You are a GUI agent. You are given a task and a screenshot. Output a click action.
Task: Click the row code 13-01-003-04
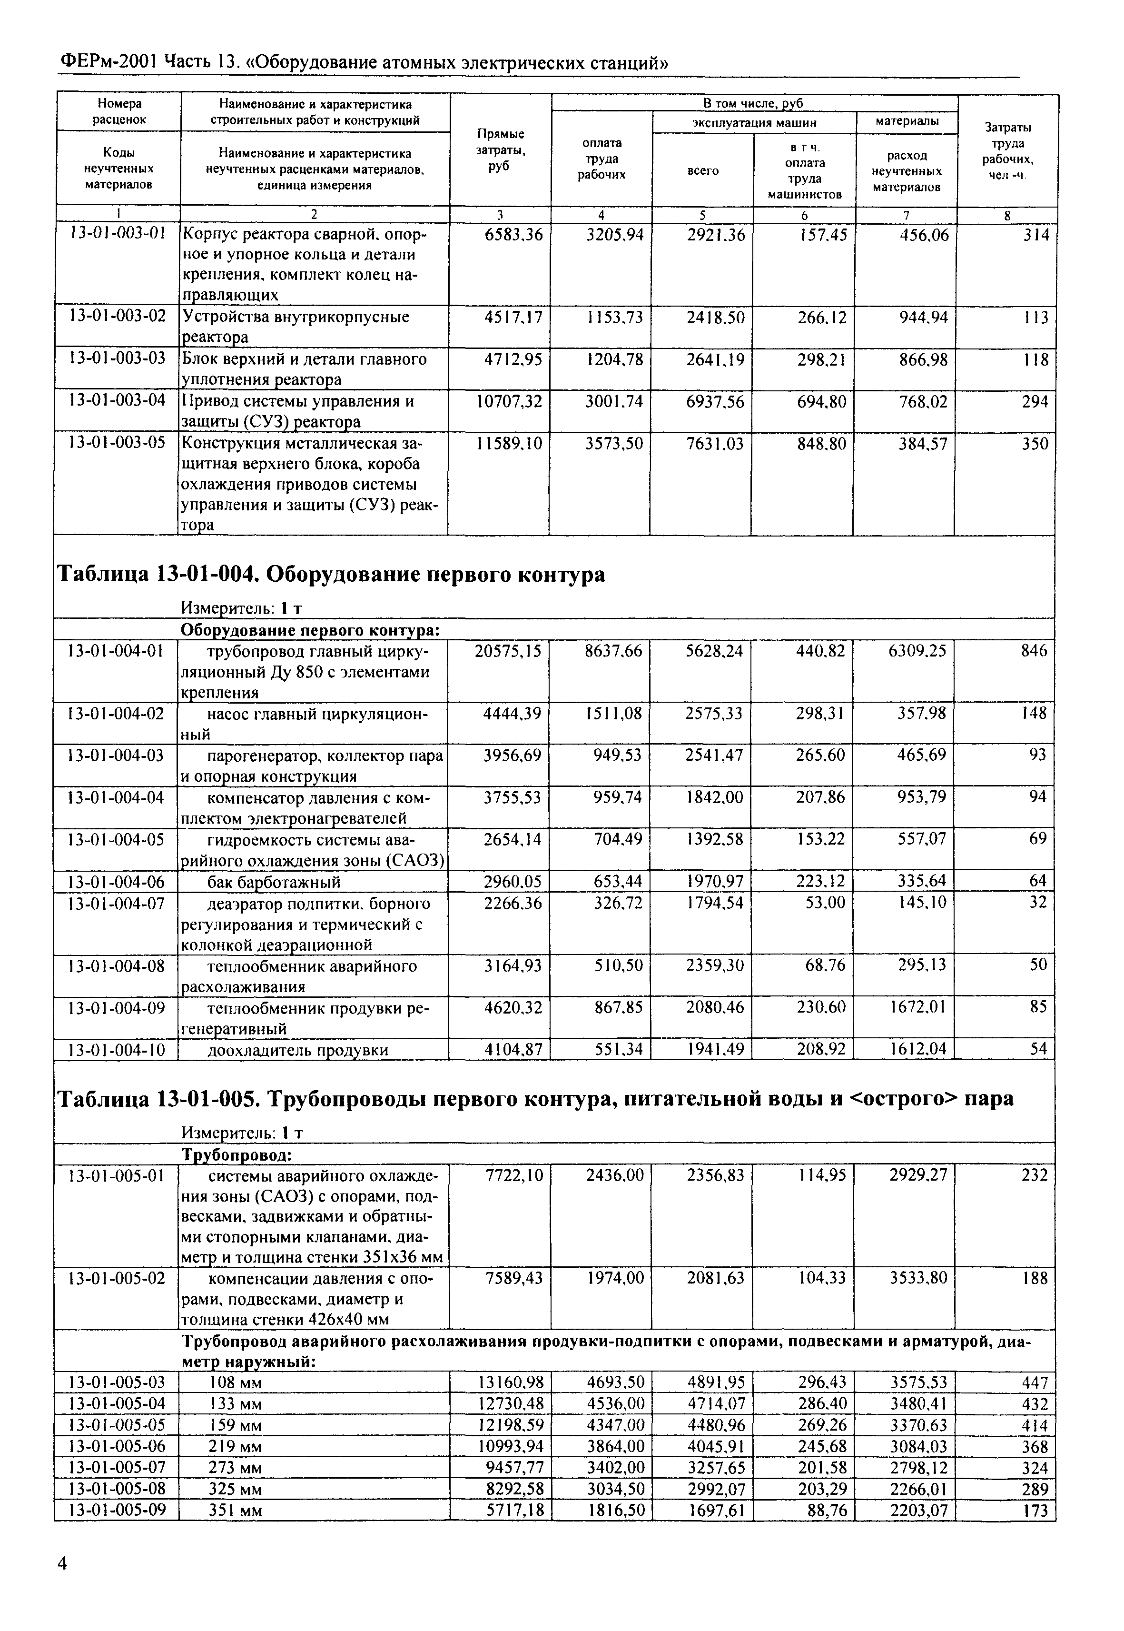[x=117, y=401]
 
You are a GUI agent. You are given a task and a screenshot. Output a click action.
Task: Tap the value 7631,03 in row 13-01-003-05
[x=714, y=444]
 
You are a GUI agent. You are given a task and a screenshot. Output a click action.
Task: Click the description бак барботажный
[x=274, y=882]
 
